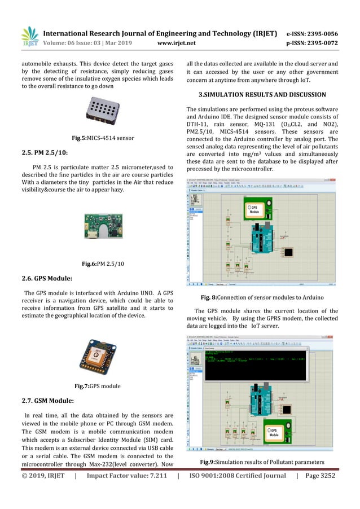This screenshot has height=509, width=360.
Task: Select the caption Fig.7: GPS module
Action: coord(99,387)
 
